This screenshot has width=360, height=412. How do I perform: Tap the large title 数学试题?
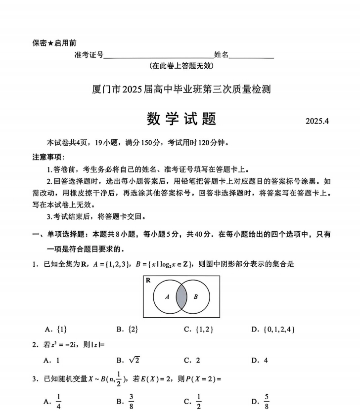coord(181,119)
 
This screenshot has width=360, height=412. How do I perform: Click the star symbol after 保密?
coord(50,43)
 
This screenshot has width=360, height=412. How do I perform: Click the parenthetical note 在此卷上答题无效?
coord(181,66)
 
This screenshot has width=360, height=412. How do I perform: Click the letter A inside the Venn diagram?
coord(167,297)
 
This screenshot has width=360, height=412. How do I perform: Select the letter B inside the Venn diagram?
coord(195,297)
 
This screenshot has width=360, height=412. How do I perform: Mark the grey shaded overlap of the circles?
coord(181,297)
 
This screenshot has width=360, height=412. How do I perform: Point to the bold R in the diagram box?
coord(148,281)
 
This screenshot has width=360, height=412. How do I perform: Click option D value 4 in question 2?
coord(266,361)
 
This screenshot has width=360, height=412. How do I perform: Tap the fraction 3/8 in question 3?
coord(132,402)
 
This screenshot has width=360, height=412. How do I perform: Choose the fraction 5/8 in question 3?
coord(266,402)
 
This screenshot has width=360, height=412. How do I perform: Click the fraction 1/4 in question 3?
coord(58,402)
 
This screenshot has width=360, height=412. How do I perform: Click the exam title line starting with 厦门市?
coord(181,89)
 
